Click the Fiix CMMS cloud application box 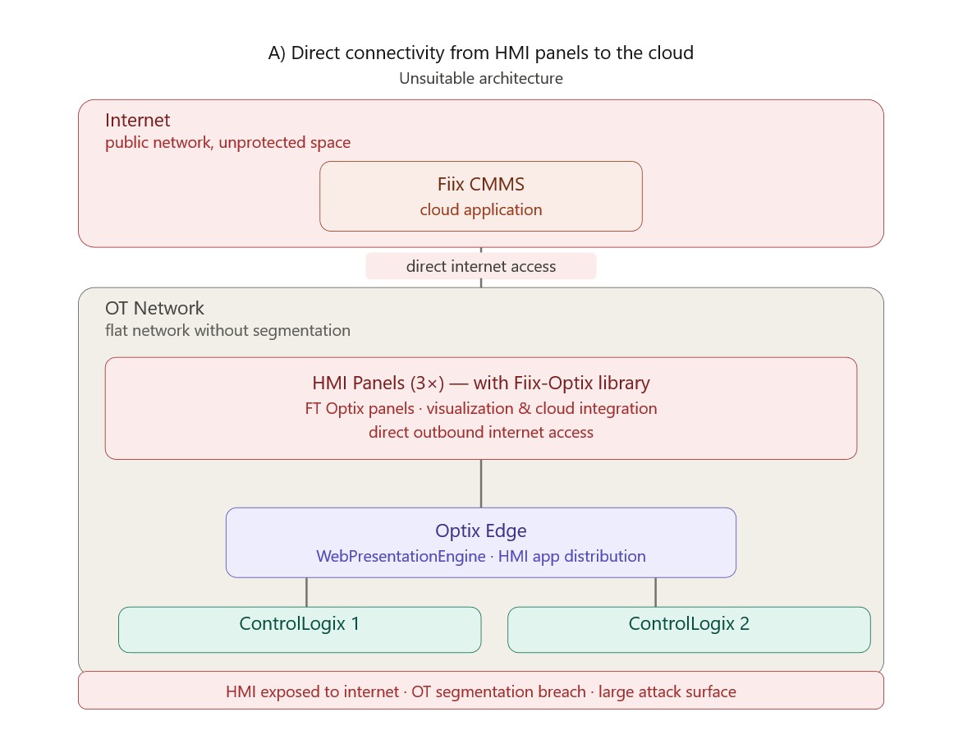pos(481,196)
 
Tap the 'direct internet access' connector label pos(481,266)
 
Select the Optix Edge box pos(481,543)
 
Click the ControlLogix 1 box pos(300,630)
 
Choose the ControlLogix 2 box pos(689,630)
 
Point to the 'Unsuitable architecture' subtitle pos(481,79)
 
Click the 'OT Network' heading pos(154,308)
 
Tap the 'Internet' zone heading pos(138,120)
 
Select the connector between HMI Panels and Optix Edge pos(481,484)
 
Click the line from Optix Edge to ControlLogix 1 pos(306,592)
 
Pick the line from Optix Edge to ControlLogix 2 pos(655,592)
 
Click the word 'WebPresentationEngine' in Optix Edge pos(401,556)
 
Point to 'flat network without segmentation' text pos(228,331)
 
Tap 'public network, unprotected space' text pos(228,143)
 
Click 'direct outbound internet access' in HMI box pos(481,432)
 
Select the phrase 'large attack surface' pos(667,691)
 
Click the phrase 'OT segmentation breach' pos(498,691)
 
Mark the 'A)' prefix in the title pos(277,53)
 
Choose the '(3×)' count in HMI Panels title pos(427,383)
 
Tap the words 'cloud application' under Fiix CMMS pos(481,210)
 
